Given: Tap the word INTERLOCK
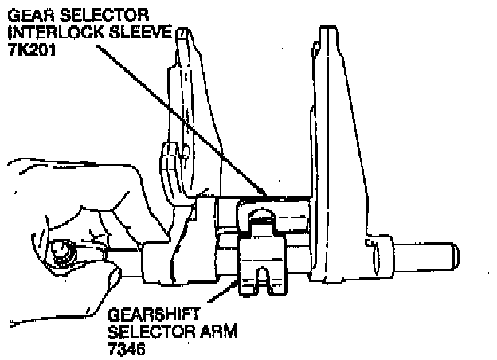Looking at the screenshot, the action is click(57, 33).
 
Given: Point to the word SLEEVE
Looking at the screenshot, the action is click(140, 33).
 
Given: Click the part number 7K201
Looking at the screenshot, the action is click(32, 49).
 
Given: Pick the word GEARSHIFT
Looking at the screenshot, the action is click(154, 315).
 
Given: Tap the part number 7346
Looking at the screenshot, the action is click(126, 349).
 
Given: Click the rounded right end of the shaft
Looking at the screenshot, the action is click(455, 257).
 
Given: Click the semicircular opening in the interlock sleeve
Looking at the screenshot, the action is click(261, 216).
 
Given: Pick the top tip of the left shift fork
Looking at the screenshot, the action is click(183, 30).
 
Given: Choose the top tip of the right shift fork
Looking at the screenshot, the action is click(328, 28).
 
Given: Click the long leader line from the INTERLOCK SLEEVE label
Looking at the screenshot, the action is click(181, 119).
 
